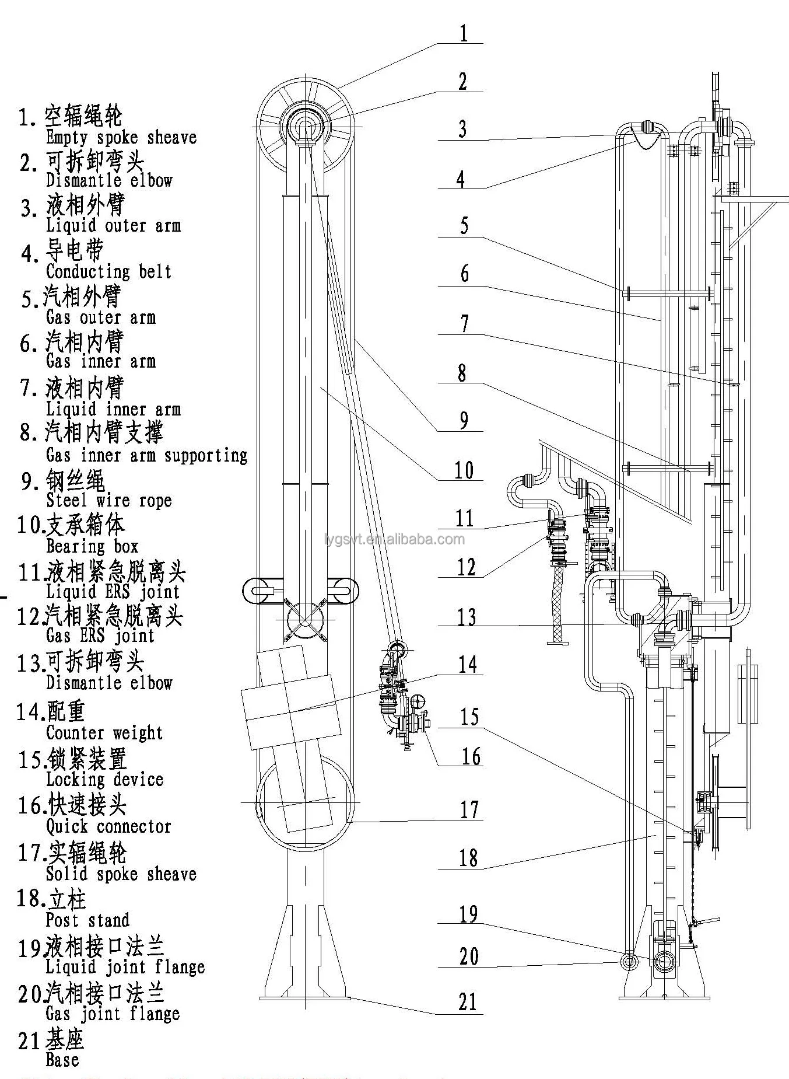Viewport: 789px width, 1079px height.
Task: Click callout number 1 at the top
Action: tap(464, 33)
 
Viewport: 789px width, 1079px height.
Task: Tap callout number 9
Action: tap(464, 420)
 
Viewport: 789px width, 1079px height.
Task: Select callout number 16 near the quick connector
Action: tap(471, 756)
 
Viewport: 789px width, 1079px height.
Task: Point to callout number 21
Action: tap(468, 1002)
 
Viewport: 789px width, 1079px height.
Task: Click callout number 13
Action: tap(467, 616)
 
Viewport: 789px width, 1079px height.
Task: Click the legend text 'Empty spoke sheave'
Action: tap(121, 138)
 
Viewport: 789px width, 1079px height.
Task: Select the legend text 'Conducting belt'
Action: tap(108, 271)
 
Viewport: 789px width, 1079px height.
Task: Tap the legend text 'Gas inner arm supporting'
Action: tap(146, 455)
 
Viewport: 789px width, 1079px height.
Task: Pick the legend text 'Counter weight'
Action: tap(104, 732)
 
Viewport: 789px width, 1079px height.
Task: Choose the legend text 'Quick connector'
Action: tap(108, 826)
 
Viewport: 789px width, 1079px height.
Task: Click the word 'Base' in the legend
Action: tap(62, 1059)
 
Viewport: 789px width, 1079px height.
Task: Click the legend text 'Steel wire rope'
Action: tap(109, 501)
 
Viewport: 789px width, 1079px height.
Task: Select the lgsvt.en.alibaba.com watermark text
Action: tap(395, 539)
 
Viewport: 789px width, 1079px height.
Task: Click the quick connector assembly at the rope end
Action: tap(402, 694)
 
